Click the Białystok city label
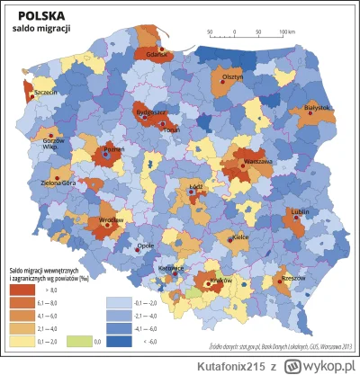319,107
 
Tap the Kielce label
240,237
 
